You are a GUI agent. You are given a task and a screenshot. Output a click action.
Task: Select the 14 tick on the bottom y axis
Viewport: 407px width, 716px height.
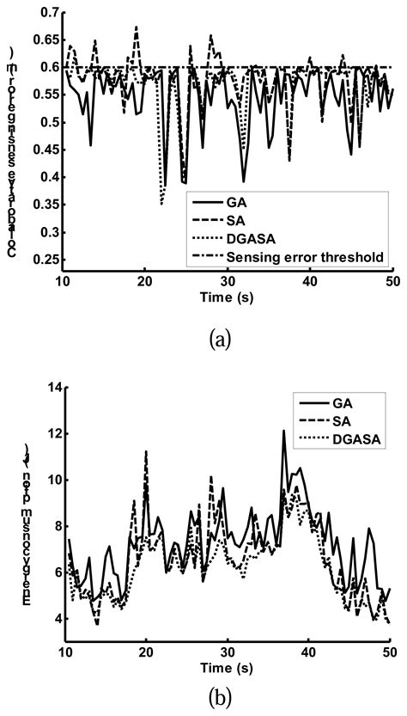(54, 389)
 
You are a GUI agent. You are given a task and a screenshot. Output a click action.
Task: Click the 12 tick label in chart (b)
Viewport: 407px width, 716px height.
(54, 435)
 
